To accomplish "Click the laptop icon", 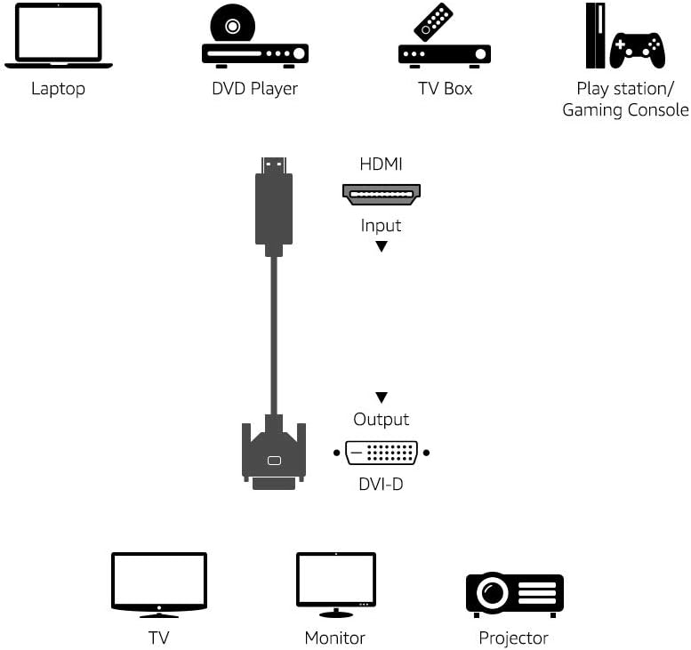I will tap(59, 36).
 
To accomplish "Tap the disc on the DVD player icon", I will tap(232, 25).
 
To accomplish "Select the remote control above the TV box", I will tap(434, 21).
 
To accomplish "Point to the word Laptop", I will tap(59, 88).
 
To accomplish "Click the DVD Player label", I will tap(254, 88).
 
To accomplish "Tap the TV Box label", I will tap(445, 88).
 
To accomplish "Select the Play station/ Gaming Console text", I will tap(625, 100).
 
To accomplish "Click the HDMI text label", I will tap(381, 164).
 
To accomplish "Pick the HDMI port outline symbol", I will tap(382, 194).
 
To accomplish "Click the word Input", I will tap(381, 225).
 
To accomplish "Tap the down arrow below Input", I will tap(382, 246).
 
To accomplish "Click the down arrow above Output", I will tap(382, 397).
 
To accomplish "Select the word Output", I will tap(382, 419).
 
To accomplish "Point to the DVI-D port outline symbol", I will tap(382, 453).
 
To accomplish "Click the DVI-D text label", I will tap(381, 485).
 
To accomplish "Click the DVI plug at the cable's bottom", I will tap(274, 455).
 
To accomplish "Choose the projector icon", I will tap(514, 594).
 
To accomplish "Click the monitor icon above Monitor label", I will tap(335, 583).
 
